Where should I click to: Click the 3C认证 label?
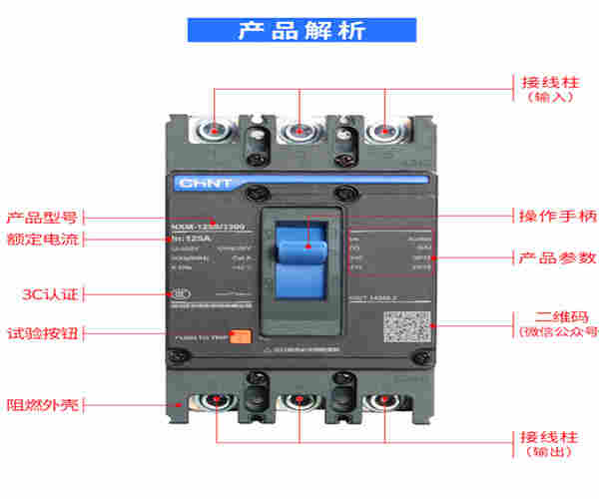point(49,294)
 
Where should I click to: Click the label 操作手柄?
point(557,216)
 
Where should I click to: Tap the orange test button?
point(240,336)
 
